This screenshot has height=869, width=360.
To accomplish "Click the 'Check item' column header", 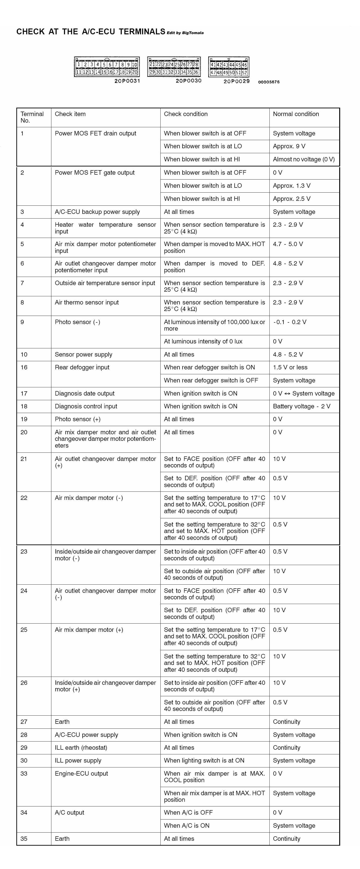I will pos(70,114).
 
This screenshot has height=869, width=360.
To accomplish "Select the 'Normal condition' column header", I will pos(296,114).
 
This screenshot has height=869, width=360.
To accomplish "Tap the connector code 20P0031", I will pos(127,81).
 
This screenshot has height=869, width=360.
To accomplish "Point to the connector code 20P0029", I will pos(236,81).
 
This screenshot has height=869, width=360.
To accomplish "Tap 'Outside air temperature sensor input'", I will pos(105,283).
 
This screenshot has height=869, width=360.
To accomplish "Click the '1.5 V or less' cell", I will pos(290,367).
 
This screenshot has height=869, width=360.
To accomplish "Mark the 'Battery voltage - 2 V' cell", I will pos(301,406).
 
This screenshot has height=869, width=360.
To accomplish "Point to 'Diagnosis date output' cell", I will pos(84,393).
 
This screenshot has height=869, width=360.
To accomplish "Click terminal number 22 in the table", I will pos(24,498).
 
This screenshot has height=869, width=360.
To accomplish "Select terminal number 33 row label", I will pos(24,774).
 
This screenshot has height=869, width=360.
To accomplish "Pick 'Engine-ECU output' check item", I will pos(81,774).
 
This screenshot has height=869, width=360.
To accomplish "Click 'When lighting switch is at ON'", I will pos(204,760).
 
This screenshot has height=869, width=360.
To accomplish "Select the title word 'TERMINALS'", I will pos(142,32).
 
